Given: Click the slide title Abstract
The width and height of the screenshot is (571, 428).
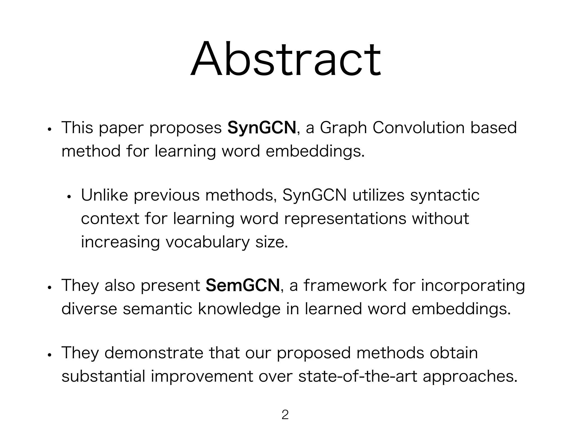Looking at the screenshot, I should [285, 59].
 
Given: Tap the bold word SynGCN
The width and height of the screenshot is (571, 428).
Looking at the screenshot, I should [262, 128].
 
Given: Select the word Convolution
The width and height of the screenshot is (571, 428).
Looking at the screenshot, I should [418, 128].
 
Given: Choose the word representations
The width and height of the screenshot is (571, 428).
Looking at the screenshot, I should [345, 219].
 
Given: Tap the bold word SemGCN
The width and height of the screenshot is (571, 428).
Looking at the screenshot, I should [243, 286].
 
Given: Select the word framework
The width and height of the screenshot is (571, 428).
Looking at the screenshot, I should [345, 286].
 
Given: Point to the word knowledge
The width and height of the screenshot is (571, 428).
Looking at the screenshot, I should [239, 309].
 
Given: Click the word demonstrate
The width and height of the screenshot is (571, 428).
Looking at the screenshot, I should [154, 353].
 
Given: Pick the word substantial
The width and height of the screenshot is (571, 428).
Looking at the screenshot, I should [103, 376].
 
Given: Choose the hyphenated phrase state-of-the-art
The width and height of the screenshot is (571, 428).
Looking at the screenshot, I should [358, 376].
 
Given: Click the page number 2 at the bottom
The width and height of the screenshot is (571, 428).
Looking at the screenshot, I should [285, 415].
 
